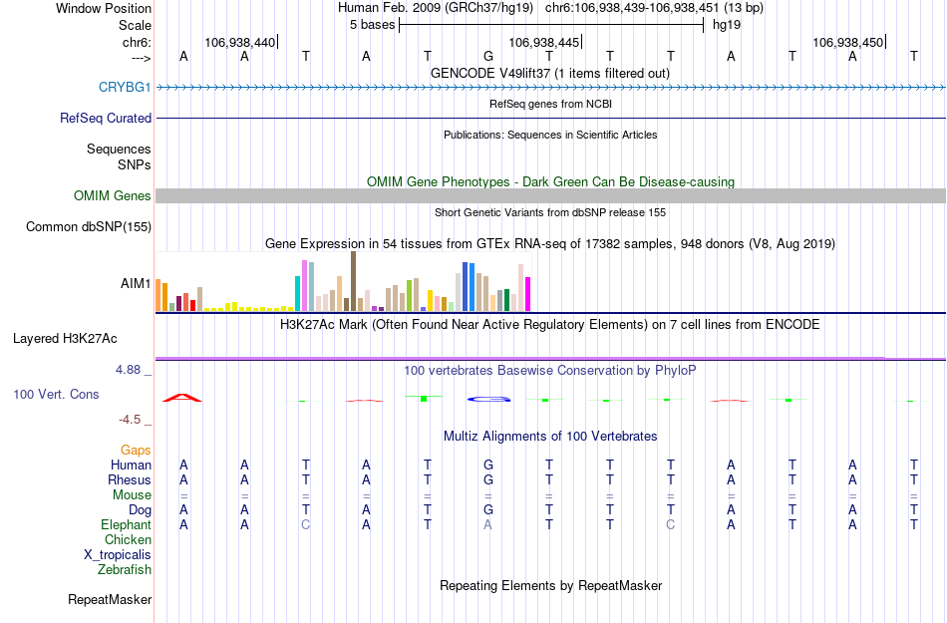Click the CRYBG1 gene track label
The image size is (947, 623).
click(x=125, y=88)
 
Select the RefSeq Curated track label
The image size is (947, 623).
click(x=106, y=118)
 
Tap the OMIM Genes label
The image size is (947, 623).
click(x=113, y=196)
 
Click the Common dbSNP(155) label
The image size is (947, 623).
click(x=88, y=227)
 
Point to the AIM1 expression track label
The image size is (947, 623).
click(x=136, y=284)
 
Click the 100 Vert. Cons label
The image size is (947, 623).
click(x=56, y=395)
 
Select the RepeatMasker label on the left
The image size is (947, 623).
click(x=110, y=600)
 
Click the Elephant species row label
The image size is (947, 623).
click(x=126, y=524)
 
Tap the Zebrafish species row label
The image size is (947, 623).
click(x=125, y=570)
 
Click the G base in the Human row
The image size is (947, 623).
click(x=487, y=465)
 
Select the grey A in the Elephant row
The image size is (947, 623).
click(x=487, y=524)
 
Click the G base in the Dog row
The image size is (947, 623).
click(x=487, y=509)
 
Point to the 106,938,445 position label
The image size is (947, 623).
click(x=543, y=43)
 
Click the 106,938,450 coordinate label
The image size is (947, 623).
click(x=847, y=43)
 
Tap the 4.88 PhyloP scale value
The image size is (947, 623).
click(x=134, y=370)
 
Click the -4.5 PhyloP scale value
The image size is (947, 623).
click(x=135, y=420)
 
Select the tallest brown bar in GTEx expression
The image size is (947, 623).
click(x=353, y=281)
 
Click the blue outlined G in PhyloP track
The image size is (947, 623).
click(x=488, y=400)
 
